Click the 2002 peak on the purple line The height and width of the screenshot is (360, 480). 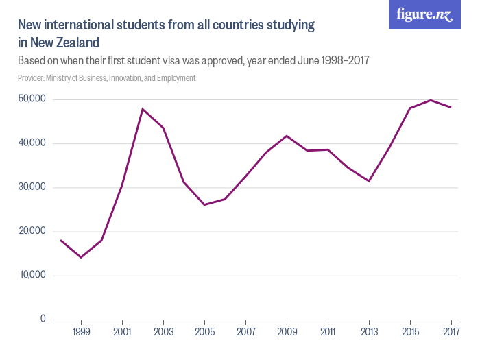tap(143, 109)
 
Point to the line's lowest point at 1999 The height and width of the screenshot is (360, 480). tap(82, 257)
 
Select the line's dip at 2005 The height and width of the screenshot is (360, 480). tap(204, 204)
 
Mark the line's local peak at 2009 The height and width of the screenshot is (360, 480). tap(287, 136)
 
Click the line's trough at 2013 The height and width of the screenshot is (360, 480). tap(369, 181)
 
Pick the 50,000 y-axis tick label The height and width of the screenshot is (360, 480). tap(32, 99)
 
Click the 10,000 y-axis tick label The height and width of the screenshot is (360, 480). tap(32, 275)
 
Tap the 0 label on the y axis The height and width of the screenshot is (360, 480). tap(43, 319)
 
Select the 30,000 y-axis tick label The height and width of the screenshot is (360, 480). tap(32, 187)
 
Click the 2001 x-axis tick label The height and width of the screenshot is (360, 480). tap(122, 333)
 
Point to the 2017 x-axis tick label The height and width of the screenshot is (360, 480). tap(451, 333)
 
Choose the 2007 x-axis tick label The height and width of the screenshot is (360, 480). tap(245, 333)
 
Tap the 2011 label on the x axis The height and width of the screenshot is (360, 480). tap(328, 333)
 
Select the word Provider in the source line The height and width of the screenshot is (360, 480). tap(32, 78)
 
